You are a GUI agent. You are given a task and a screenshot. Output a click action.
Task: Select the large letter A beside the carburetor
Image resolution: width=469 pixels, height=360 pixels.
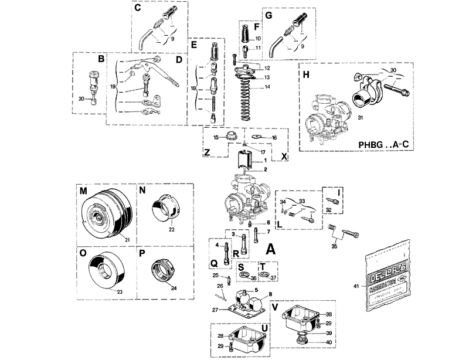271,249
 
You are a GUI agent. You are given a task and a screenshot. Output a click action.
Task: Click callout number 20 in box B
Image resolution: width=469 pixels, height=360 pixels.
81,98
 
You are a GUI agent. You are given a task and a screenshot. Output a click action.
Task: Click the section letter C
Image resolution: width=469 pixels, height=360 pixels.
137,9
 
